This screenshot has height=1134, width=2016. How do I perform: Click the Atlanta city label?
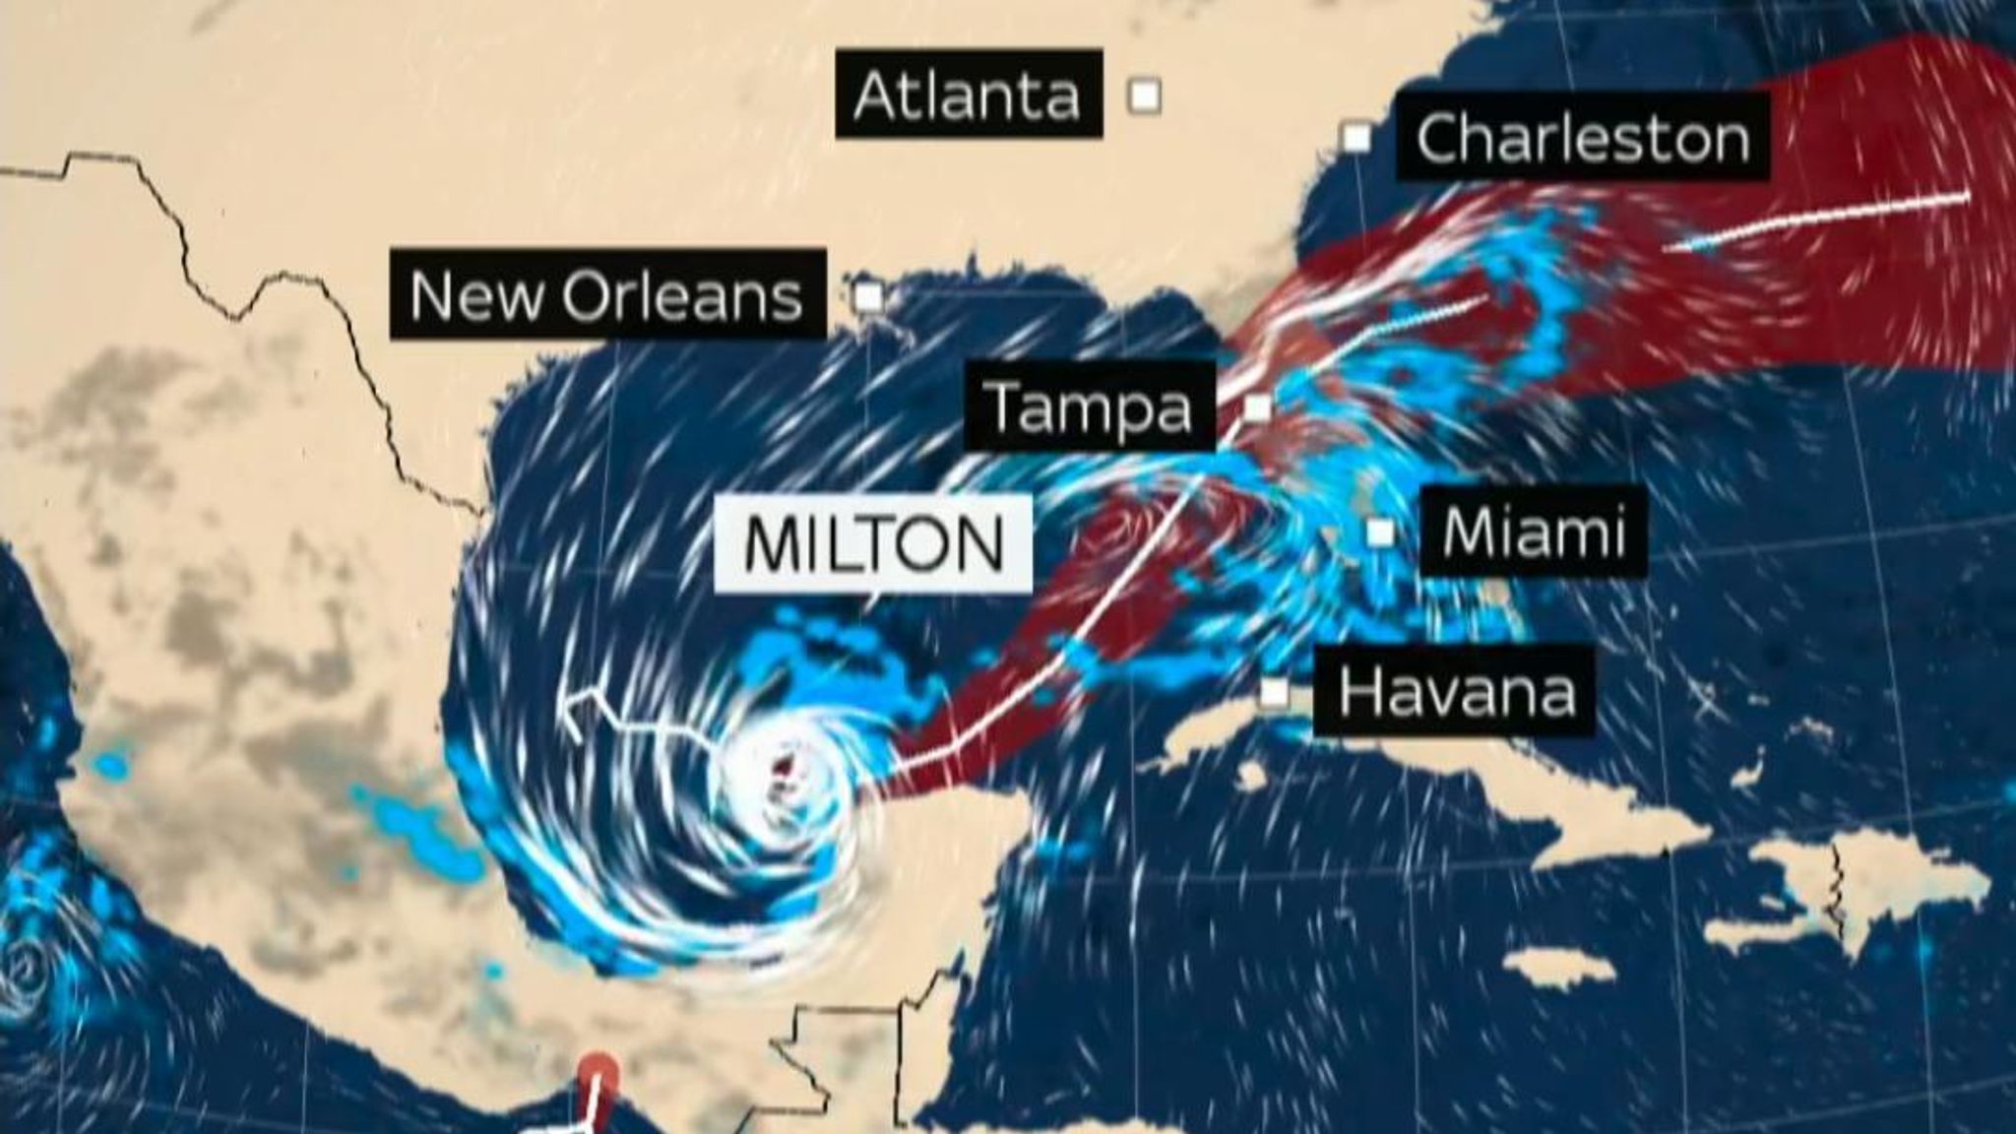[968, 94]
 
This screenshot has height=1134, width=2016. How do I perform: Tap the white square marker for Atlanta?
[1145, 95]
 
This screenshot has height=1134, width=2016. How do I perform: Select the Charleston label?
[1582, 138]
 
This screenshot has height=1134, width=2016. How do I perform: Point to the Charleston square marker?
[1357, 139]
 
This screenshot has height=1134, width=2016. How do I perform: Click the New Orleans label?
[606, 295]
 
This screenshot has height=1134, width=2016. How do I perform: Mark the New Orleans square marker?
[869, 295]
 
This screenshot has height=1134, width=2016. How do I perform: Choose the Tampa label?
[1089, 407]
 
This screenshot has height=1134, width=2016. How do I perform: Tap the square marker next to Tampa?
[1257, 407]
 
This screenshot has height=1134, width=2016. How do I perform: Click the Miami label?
[1533, 532]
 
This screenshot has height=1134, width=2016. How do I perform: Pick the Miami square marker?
[1382, 533]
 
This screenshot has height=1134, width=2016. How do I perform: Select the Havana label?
[1456, 691]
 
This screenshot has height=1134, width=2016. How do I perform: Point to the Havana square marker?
[1275, 692]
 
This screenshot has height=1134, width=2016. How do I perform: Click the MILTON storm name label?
[873, 544]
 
